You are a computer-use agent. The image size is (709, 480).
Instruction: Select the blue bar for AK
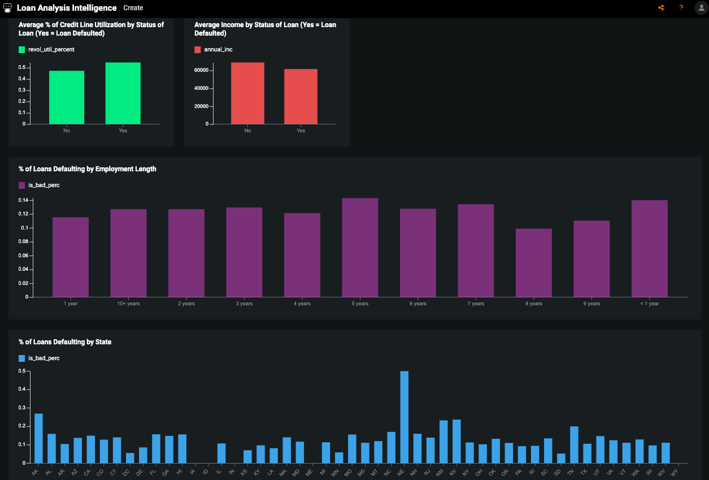[38, 439]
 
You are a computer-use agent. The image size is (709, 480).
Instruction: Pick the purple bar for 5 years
[360, 248]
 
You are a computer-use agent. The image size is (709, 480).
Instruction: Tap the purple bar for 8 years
[533, 263]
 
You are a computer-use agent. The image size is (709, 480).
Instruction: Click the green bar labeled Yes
[123, 93]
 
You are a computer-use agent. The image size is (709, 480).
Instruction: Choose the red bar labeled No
[247, 93]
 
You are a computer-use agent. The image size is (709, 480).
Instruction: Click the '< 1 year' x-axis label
[649, 304]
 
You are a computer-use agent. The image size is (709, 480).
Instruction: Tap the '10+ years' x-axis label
[128, 304]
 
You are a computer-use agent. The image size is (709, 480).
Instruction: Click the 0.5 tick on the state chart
[22, 371]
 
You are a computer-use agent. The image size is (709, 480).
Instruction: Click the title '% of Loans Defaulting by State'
[65, 342]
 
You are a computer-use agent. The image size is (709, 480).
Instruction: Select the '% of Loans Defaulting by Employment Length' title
[88, 169]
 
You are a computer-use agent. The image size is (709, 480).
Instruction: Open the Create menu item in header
[133, 8]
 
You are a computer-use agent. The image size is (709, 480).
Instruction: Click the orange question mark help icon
[681, 8]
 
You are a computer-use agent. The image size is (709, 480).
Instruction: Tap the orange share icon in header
[661, 8]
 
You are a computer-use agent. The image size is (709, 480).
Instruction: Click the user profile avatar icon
[701, 8]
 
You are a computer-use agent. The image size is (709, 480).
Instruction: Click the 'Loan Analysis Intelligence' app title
[67, 8]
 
